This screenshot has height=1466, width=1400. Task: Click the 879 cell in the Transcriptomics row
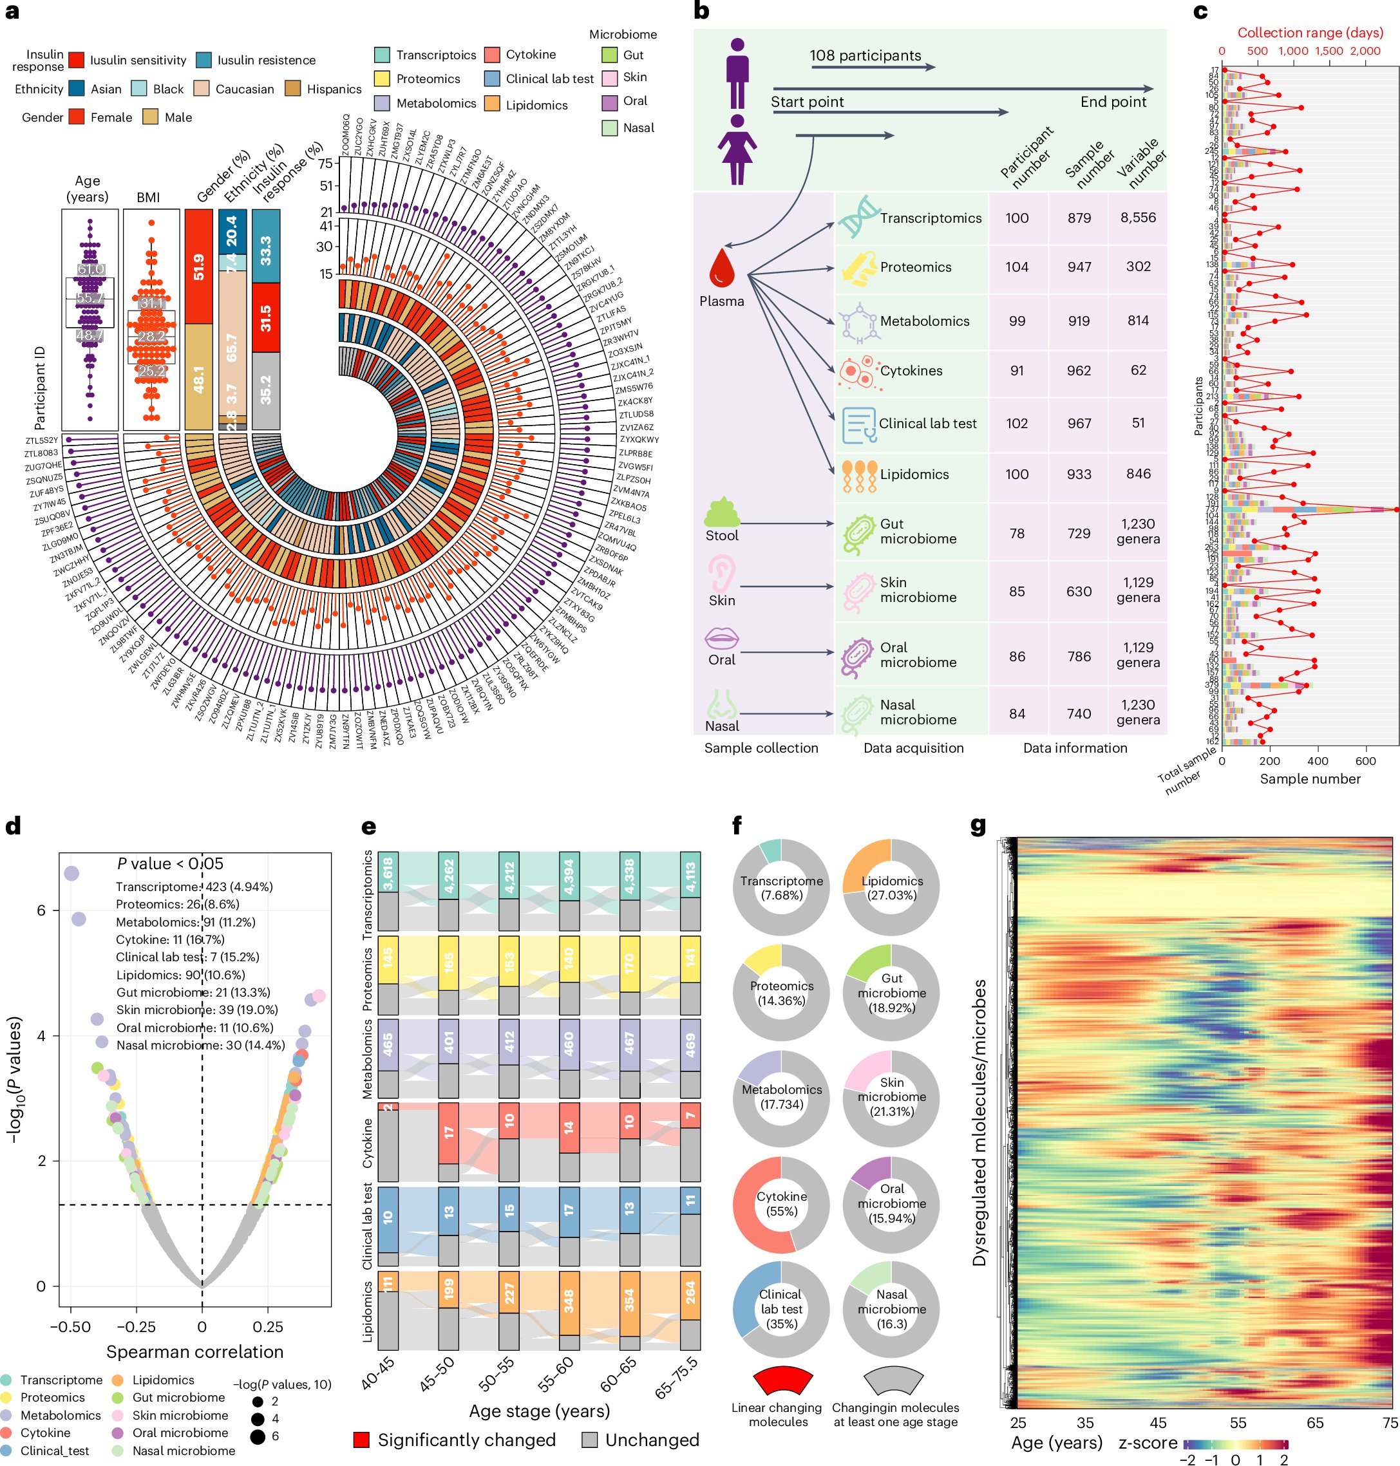pos(1079,218)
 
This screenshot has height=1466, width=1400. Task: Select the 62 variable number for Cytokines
pos(1137,370)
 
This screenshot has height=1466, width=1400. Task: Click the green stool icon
pos(721,512)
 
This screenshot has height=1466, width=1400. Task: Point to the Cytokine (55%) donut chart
pos(780,1204)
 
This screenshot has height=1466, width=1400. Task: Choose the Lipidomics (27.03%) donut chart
pos(891,888)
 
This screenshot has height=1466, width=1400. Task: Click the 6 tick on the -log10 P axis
pos(41,910)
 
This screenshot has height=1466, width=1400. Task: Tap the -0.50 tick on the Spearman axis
pos(70,1326)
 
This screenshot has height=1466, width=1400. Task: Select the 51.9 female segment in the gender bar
pos(198,267)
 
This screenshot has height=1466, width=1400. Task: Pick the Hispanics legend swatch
pos(292,89)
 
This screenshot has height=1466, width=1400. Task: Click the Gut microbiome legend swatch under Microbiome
pos(609,55)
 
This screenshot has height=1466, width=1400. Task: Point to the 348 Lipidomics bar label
pos(569,1301)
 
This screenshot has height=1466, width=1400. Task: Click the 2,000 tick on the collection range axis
pos(1365,51)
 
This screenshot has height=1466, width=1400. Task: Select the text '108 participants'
pos(865,55)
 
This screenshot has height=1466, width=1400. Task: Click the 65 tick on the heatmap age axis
pos(1314,1423)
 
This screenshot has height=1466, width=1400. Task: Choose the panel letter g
pos(978,825)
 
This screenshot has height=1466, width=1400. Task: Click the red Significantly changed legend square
pos(361,1440)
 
